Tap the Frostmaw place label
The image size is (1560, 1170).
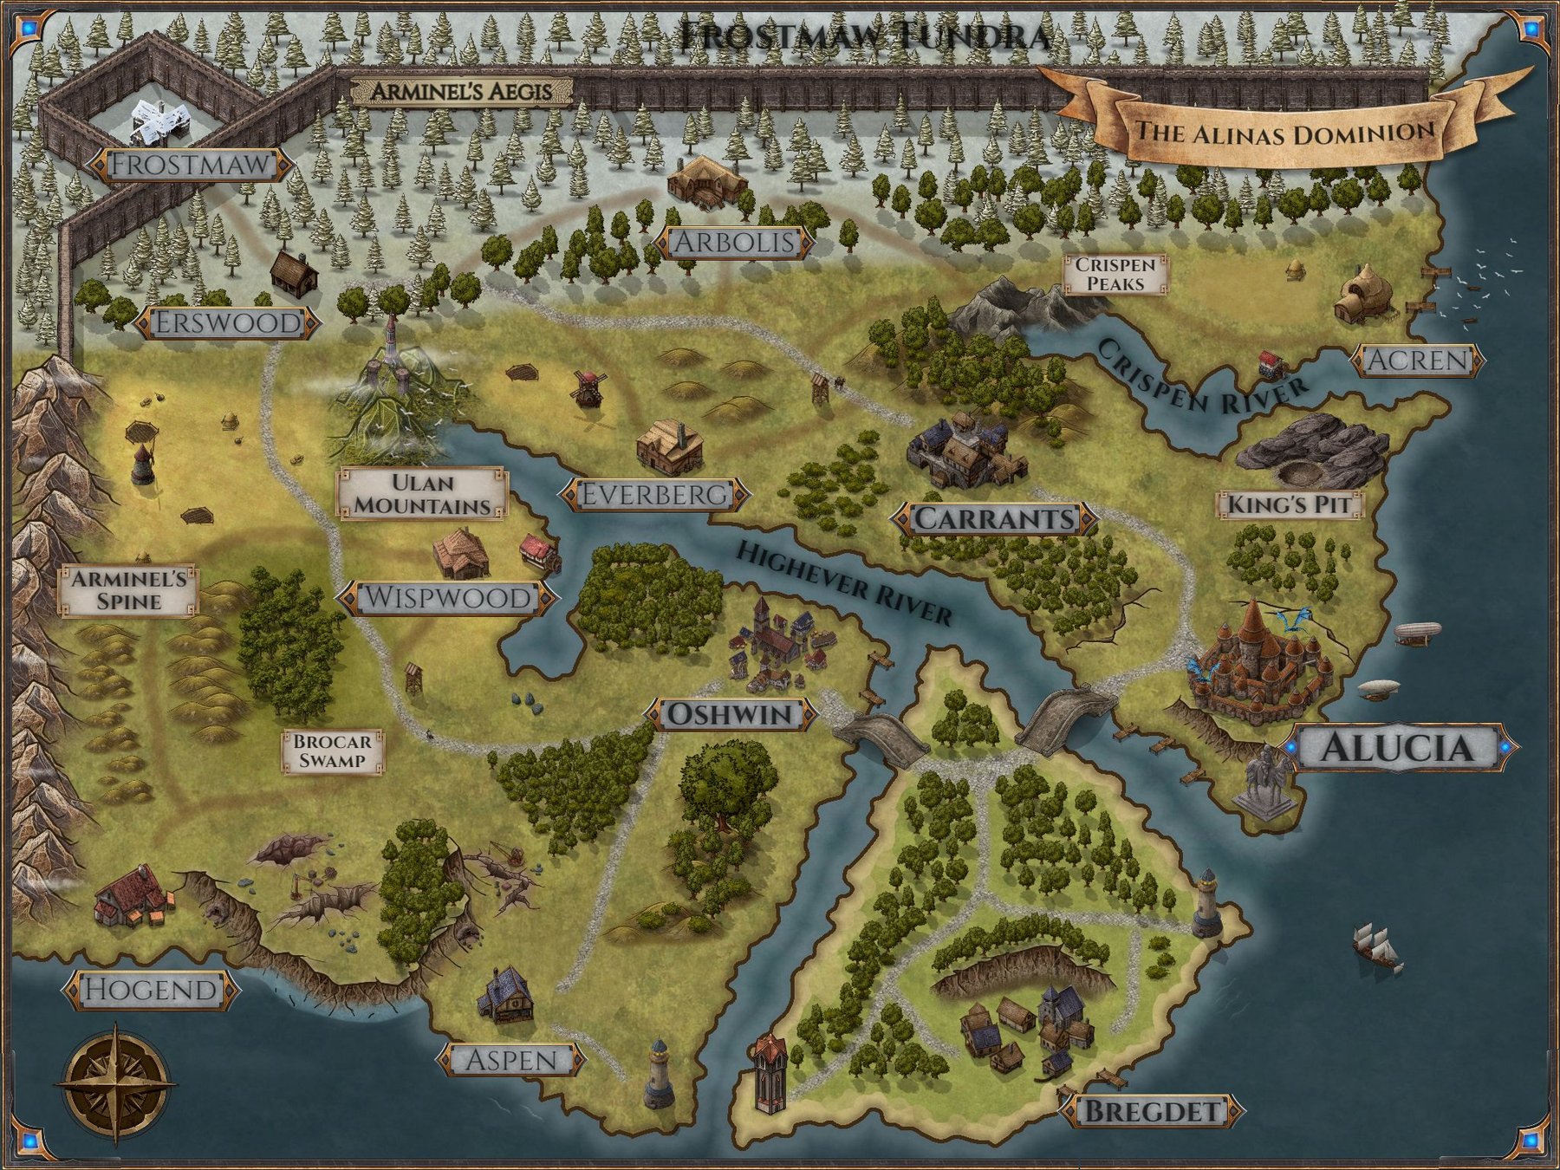click(x=189, y=164)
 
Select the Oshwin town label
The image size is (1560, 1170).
click(x=730, y=714)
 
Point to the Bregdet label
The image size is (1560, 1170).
click(x=1152, y=1110)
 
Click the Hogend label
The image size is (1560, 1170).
click(x=151, y=989)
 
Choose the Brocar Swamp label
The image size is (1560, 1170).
click(x=332, y=751)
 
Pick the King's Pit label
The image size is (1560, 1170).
click(x=1290, y=504)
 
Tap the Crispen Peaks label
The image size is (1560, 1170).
click(x=1115, y=274)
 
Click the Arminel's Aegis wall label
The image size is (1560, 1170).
click(x=461, y=90)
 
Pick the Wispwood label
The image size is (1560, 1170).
click(x=446, y=597)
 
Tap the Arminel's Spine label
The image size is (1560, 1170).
click(x=128, y=590)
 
